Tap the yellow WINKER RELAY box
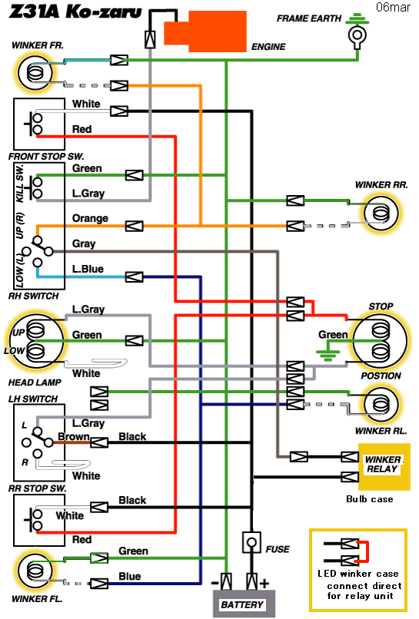(384, 467)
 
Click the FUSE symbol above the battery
(251, 542)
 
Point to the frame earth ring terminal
(357, 36)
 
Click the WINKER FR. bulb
(35, 72)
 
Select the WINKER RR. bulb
(381, 214)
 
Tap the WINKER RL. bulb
(381, 405)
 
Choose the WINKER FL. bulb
(35, 571)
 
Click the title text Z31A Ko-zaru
(75, 12)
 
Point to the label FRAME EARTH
(309, 18)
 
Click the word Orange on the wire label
(90, 218)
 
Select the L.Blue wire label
(88, 269)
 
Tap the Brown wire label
(74, 436)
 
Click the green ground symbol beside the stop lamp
(328, 355)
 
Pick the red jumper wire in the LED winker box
(364, 551)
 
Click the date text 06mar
(393, 7)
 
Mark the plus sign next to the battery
(264, 583)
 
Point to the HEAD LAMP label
(35, 382)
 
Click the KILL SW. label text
(20, 184)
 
